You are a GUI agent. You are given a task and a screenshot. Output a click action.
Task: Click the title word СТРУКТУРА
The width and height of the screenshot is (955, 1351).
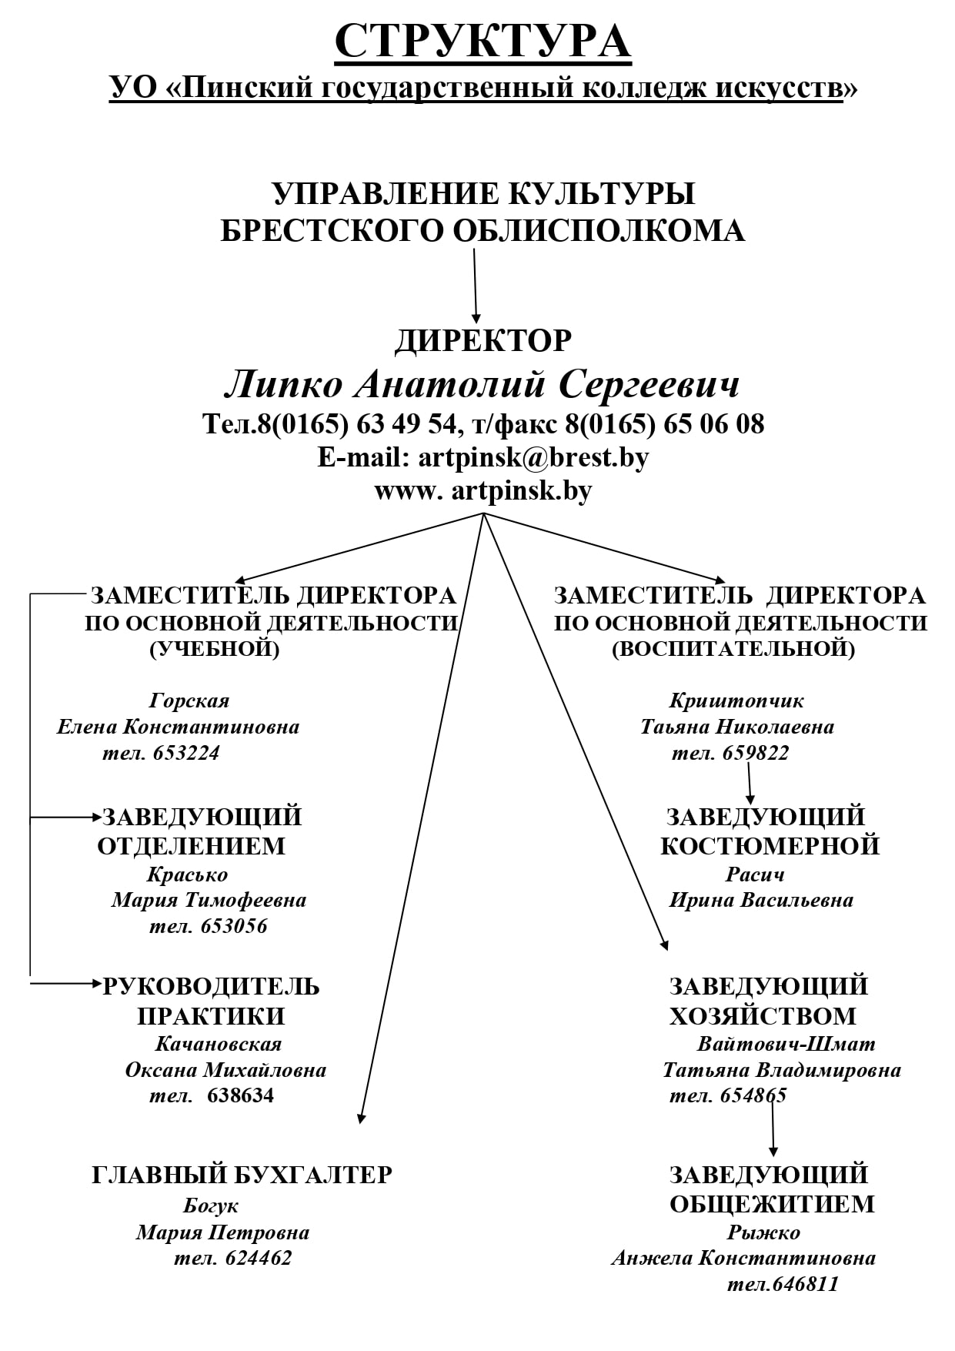click(x=483, y=41)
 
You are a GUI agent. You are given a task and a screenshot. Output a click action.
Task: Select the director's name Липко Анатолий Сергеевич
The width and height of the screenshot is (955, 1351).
click(x=482, y=383)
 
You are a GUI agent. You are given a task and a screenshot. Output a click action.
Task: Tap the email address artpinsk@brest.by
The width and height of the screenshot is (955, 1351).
click(x=533, y=457)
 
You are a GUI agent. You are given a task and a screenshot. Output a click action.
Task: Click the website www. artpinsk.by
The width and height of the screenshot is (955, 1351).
click(x=483, y=490)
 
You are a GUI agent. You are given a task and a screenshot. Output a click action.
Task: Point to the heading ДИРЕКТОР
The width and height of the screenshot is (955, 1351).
click(x=483, y=340)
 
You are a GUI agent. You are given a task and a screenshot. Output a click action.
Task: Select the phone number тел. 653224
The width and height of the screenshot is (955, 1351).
click(x=161, y=752)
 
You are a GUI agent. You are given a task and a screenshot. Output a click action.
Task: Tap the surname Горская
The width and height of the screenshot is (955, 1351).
click(x=189, y=701)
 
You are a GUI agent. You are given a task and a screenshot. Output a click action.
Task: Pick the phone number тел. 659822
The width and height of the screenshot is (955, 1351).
click(x=730, y=752)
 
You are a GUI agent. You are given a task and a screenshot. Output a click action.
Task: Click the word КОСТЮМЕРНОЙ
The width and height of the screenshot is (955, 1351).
click(x=770, y=845)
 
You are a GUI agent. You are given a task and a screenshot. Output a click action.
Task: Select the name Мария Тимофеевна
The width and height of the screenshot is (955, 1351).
click(x=209, y=900)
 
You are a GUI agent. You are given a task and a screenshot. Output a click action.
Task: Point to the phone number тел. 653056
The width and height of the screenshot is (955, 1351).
click(x=209, y=925)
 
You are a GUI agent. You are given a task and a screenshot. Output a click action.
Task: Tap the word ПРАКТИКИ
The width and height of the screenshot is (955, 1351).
click(x=211, y=1016)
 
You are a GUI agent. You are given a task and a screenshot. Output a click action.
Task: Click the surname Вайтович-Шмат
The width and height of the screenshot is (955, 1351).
click(x=786, y=1044)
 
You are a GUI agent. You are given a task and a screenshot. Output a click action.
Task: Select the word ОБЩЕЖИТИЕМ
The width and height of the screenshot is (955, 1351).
click(x=772, y=1204)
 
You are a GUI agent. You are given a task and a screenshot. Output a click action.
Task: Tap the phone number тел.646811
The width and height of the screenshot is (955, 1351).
click(x=783, y=1284)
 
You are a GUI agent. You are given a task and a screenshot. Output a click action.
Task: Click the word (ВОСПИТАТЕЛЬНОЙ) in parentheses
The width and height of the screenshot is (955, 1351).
click(x=733, y=649)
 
